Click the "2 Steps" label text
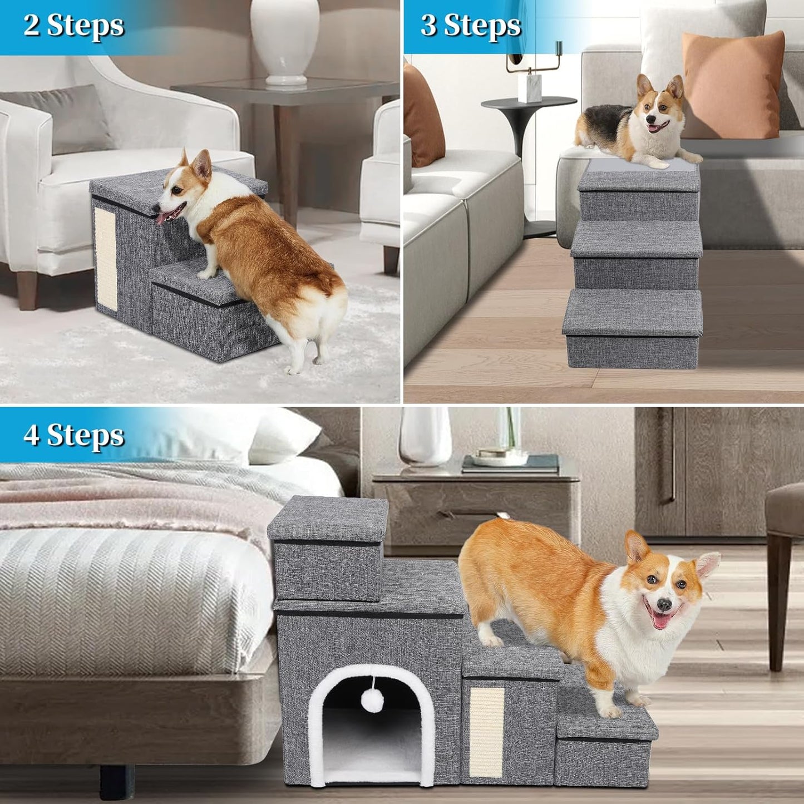pos(73,26)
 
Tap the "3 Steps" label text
pos(471,26)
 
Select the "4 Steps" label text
pos(73,435)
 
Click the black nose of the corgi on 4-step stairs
pos(663,605)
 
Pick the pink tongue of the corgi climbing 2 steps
pos(162,218)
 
